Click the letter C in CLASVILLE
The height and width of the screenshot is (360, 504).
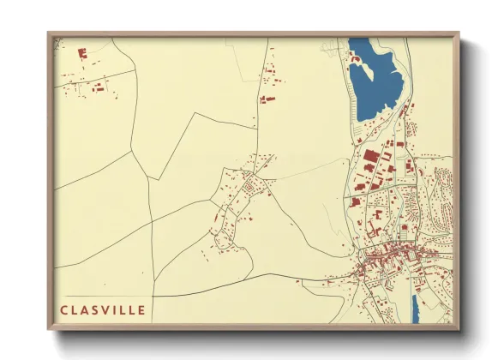[x=64, y=309]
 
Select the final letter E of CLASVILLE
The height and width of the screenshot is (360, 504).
[x=141, y=309]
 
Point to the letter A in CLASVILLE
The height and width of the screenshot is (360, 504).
[x=85, y=309]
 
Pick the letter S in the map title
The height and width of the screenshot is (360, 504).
[x=94, y=309]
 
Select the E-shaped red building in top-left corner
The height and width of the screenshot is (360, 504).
[x=83, y=53]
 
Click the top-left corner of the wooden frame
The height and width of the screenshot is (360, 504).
[x=48, y=33]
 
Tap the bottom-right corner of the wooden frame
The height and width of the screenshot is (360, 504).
[x=459, y=329]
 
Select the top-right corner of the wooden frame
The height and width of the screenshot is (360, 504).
[x=459, y=33]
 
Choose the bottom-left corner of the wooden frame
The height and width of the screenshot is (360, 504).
[x=48, y=329]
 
